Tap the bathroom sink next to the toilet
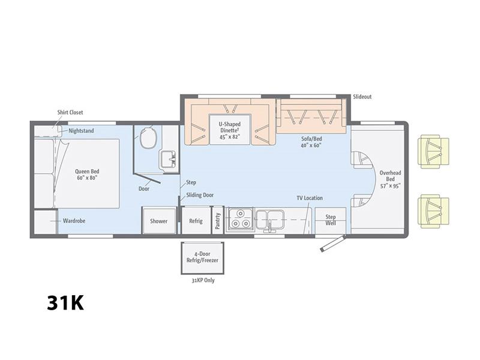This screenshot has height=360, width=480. (168, 160)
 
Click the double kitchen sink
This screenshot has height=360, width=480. (269, 219)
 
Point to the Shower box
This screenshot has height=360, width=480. (158, 220)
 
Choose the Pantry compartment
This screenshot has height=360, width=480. (218, 220)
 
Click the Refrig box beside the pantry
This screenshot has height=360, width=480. (196, 220)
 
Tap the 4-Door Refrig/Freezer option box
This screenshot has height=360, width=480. (202, 258)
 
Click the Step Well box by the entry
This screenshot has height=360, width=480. (331, 220)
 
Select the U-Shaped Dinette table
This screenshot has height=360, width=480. (230, 129)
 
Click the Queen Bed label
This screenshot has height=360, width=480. (87, 175)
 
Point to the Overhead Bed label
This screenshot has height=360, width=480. (391, 179)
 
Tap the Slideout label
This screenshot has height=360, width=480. (362, 97)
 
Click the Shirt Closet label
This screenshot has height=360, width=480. (70, 112)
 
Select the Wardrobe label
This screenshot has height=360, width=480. (74, 221)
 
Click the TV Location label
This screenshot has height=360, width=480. (310, 198)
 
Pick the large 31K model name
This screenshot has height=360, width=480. (65, 303)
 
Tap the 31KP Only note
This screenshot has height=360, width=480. (203, 280)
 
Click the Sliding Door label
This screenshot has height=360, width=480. (200, 195)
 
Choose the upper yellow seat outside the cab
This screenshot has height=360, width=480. (433, 151)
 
